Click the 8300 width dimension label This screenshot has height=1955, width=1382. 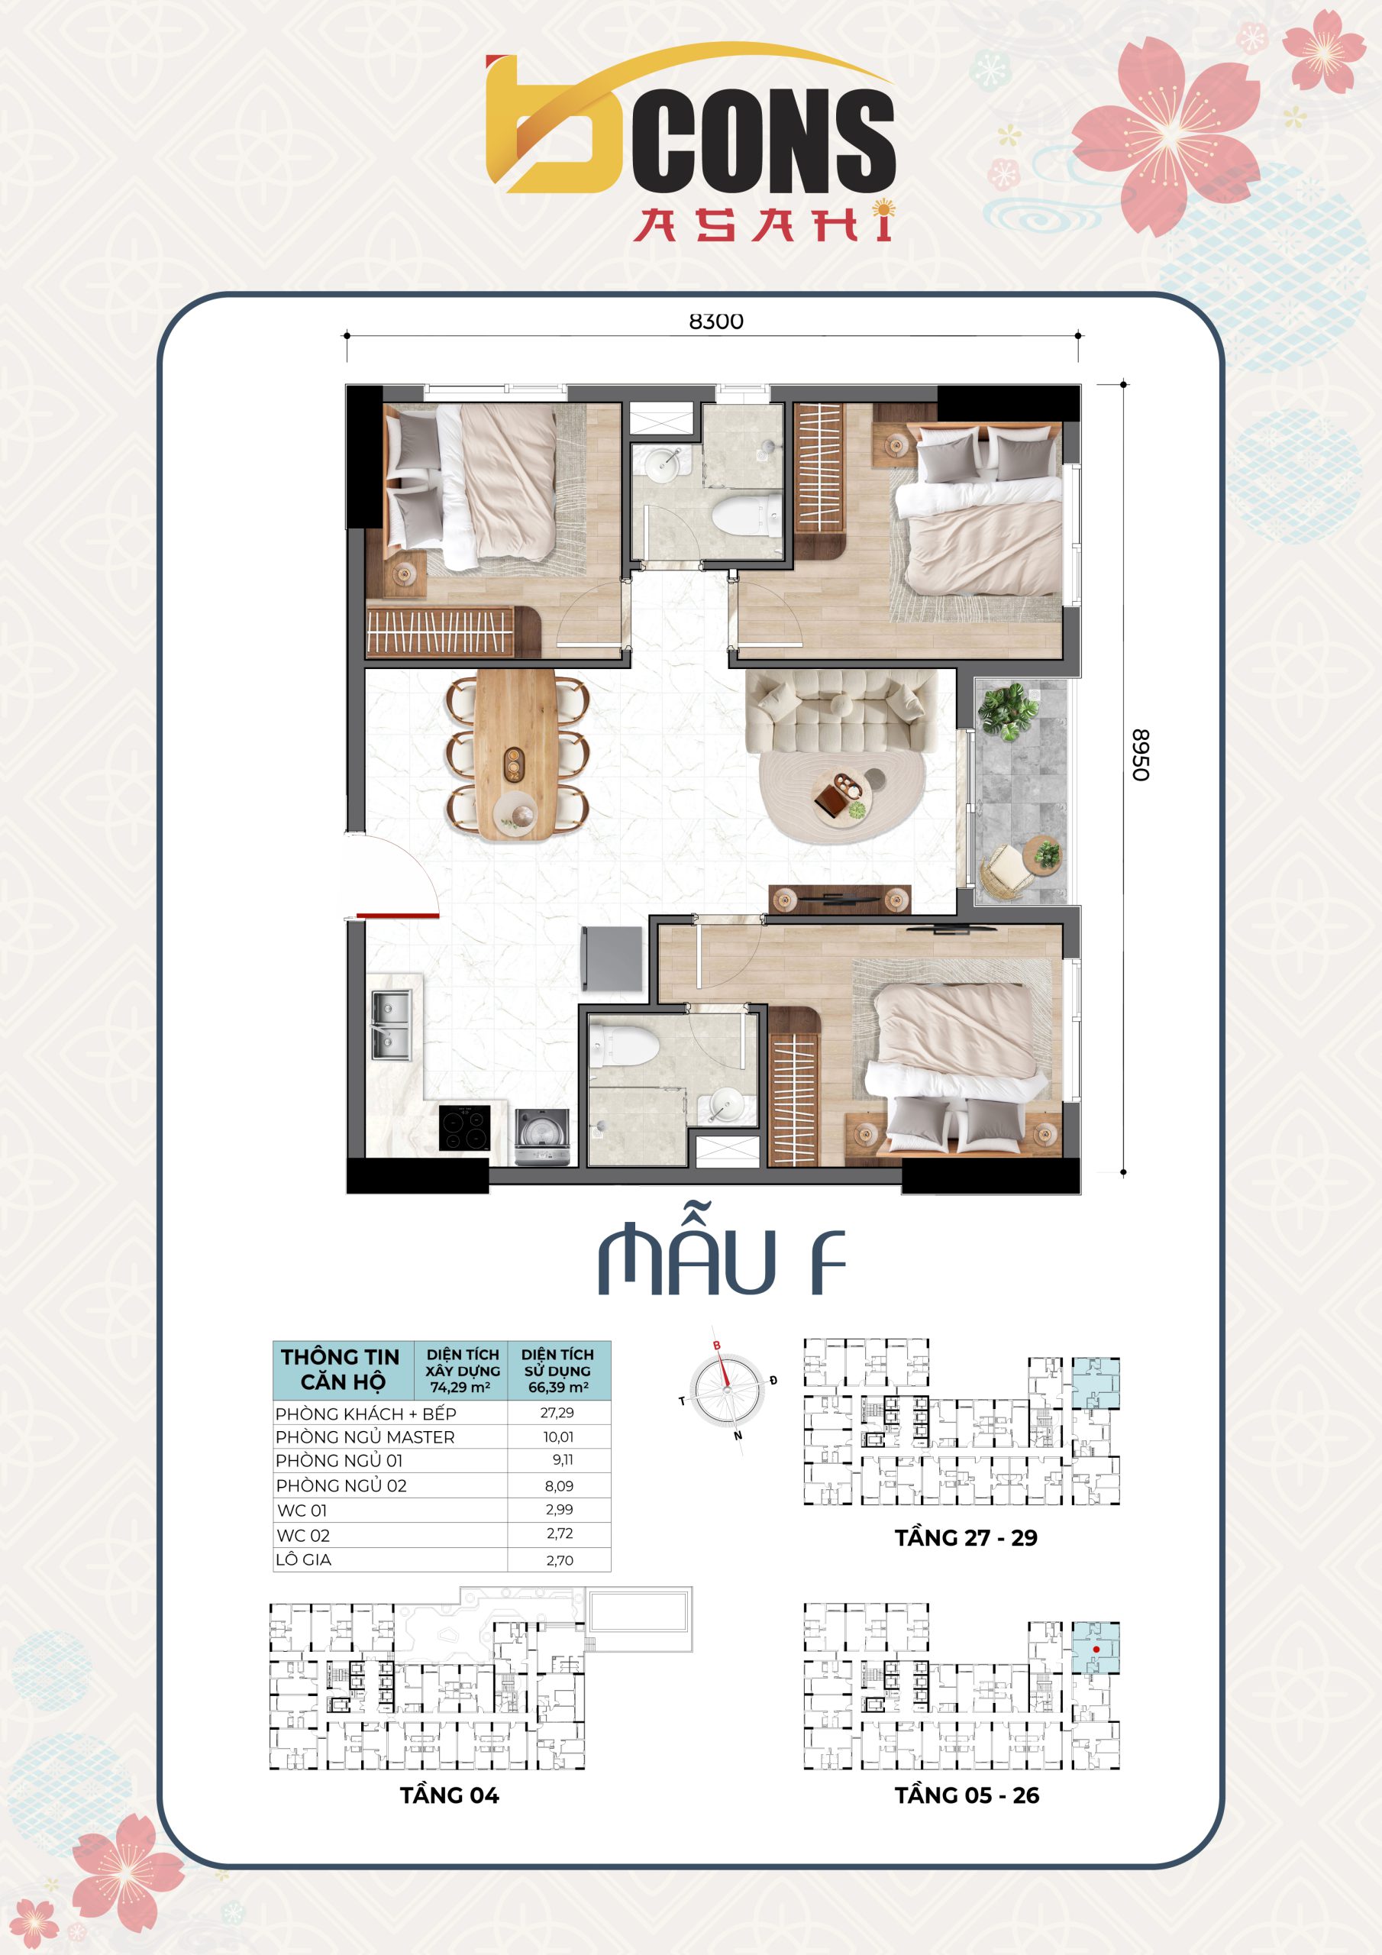715,321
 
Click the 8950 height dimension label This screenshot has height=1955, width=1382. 1140,755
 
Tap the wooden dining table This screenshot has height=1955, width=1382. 516,755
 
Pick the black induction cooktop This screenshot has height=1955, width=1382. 465,1127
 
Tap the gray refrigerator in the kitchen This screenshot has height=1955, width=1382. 612,958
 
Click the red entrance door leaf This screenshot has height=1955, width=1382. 398,916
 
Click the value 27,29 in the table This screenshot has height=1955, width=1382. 557,1413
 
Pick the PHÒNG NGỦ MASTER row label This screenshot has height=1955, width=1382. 364,1436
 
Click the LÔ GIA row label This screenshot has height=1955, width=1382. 303,1559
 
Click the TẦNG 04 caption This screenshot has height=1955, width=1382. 450,1795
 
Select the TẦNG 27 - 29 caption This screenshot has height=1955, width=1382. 966,1538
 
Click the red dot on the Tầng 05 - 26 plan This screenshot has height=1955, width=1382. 1096,1650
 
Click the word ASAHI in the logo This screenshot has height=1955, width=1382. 764,222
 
